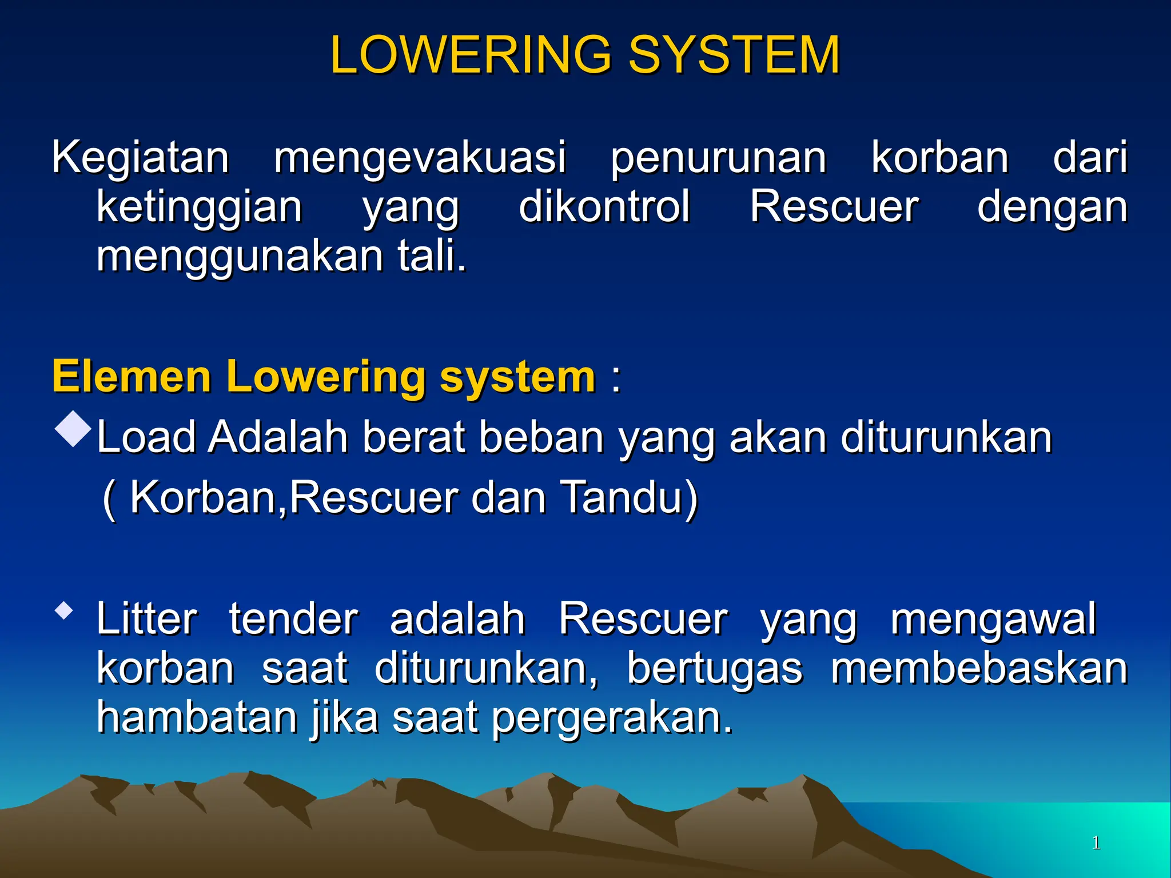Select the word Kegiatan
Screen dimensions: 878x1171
(x=140, y=157)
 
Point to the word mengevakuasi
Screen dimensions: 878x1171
(x=420, y=158)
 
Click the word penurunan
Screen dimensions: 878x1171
(x=718, y=158)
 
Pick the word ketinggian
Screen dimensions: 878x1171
(x=199, y=207)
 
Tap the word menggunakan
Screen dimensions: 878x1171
(x=240, y=257)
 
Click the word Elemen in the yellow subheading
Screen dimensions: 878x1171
(x=132, y=377)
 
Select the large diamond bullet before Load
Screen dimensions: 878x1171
(x=73, y=429)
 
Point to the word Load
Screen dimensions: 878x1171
(x=146, y=437)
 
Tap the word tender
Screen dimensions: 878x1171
(x=293, y=619)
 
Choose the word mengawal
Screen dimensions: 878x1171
(x=993, y=620)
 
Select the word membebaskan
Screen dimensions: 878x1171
(x=979, y=669)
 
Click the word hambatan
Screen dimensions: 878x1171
(x=197, y=717)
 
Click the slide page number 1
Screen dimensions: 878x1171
(x=1096, y=843)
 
